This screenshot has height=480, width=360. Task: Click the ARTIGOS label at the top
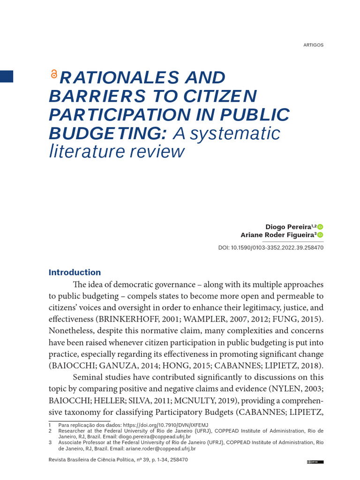pyautogui.click(x=314, y=45)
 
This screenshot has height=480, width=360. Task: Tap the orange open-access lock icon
pyautogui.click(x=53, y=74)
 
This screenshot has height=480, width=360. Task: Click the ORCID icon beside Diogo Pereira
pyautogui.click(x=321, y=227)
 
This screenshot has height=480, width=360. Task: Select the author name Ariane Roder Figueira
pyautogui.click(x=277, y=235)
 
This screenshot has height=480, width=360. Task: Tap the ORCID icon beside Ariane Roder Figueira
pyautogui.click(x=321, y=235)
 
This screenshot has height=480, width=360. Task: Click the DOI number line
pyautogui.click(x=271, y=247)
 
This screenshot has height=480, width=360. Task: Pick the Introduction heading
pyautogui.click(x=75, y=272)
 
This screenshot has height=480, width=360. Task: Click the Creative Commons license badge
pyautogui.click(x=315, y=462)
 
